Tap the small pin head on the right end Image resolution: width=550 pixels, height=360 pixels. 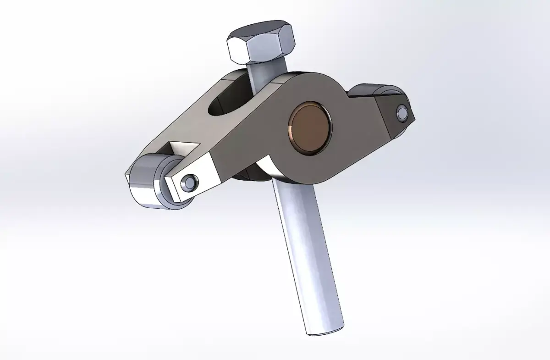[402, 111]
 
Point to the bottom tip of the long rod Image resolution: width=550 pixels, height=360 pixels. [326, 331]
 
